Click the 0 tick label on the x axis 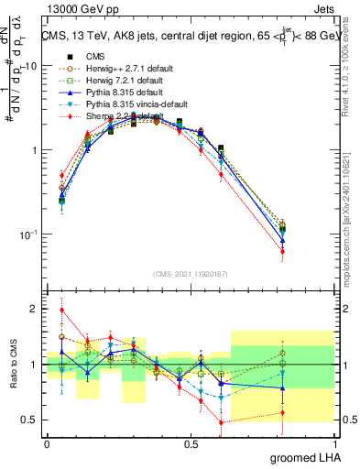pyautogui.click(x=47, y=443)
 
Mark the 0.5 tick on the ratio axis pyautogui.click(x=29, y=420)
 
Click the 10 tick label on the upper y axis pyautogui.click(x=27, y=66)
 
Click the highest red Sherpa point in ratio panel pyautogui.click(x=61, y=310)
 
